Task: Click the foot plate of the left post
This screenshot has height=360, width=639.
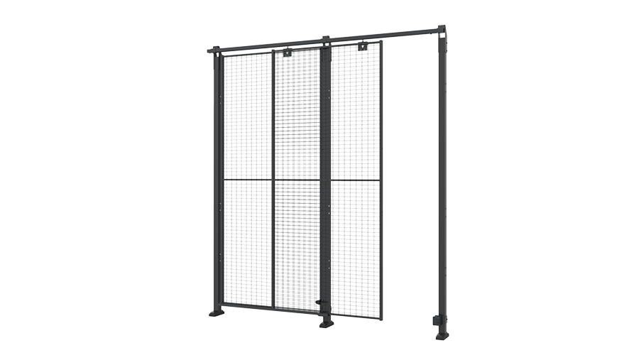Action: [x=216, y=312]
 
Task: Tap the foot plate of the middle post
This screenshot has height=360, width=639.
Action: [x=326, y=323]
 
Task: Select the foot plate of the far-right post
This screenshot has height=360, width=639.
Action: [x=442, y=334]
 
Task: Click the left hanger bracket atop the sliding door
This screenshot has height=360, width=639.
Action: [x=287, y=52]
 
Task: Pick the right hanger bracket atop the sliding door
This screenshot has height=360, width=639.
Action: [x=363, y=47]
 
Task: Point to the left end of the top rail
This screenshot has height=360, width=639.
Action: [x=211, y=50]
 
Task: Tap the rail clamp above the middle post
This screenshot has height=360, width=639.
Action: [x=326, y=40]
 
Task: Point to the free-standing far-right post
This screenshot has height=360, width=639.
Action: [x=442, y=185]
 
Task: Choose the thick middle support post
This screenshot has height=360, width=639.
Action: [x=326, y=178]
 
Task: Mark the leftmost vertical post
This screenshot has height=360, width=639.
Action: [x=216, y=178]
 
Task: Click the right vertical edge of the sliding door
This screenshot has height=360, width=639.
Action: [x=381, y=178]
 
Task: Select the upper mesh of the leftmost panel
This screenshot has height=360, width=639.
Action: [x=247, y=117]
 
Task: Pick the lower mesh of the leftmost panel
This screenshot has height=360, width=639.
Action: [x=247, y=241]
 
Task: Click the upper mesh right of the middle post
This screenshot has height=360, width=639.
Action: [x=356, y=114]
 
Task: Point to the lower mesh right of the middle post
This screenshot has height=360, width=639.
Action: [x=356, y=245]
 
